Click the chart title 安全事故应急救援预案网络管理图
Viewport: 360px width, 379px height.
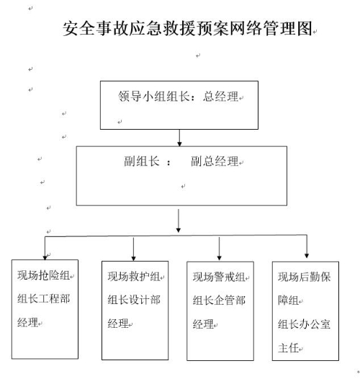[187, 29]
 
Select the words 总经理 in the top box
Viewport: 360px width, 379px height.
[220, 97]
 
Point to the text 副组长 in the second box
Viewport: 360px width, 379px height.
[142, 161]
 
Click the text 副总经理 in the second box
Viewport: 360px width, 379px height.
[215, 161]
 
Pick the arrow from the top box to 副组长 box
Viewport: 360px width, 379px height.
[179, 138]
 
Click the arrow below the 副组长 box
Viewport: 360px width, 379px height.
[179, 220]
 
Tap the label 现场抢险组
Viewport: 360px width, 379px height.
[43, 275]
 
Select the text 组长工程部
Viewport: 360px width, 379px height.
[43, 299]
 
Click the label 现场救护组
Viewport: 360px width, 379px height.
[134, 277]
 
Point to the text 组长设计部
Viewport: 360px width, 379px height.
[134, 300]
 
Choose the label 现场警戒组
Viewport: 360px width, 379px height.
[219, 277]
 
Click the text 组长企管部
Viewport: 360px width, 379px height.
[219, 300]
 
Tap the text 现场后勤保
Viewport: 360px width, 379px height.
[304, 277]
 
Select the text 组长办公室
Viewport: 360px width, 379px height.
[304, 324]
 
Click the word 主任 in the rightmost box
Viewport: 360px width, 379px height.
[288, 348]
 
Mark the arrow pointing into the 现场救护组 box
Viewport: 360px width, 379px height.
[133, 249]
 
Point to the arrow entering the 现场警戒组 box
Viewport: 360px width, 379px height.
[219, 249]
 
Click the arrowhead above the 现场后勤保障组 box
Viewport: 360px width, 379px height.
[307, 256]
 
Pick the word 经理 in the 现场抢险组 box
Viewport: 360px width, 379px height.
[28, 323]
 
